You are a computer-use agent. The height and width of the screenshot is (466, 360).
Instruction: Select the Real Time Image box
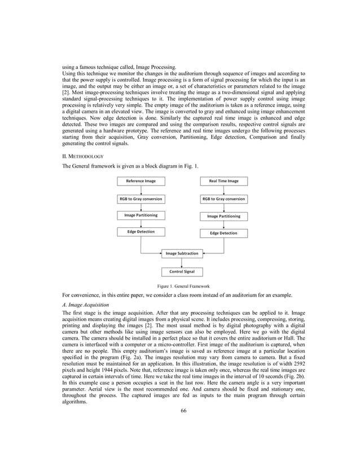pyautogui.click(x=223, y=181)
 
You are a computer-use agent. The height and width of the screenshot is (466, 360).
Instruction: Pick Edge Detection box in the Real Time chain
pyautogui.click(x=223, y=233)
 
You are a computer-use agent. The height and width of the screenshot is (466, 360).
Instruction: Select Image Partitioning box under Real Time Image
pyautogui.click(x=223, y=216)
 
